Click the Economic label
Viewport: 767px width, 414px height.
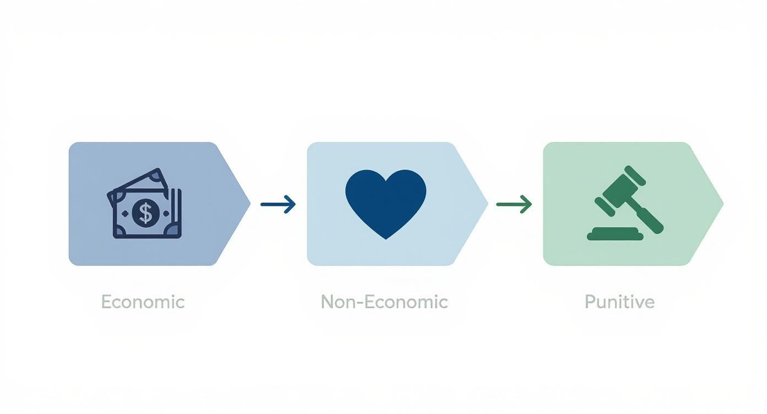point(143,302)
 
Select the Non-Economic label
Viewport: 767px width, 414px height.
point(384,302)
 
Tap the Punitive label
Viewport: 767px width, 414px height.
point(619,302)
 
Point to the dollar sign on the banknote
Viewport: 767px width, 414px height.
point(145,213)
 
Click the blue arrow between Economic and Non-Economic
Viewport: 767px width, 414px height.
point(278,204)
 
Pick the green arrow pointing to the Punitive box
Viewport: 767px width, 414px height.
point(514,204)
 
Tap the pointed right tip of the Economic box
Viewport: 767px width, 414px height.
point(249,204)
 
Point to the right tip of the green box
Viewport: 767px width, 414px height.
point(722,204)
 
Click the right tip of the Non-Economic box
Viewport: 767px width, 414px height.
point(487,204)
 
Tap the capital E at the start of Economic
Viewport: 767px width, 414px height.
point(106,302)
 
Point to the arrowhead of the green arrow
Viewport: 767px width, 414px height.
point(528,204)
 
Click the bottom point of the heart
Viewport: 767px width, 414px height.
point(386,238)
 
